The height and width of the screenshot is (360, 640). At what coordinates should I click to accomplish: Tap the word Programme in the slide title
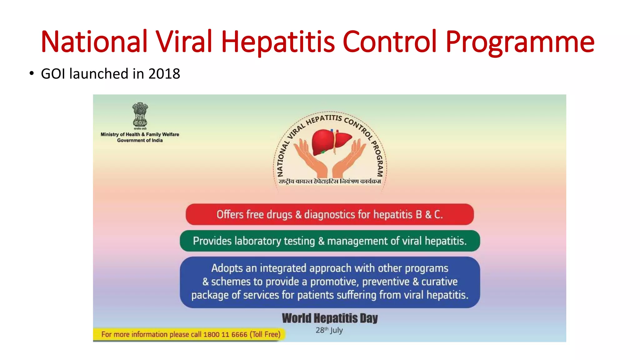click(x=519, y=42)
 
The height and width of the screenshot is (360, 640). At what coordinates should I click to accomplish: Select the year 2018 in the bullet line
click(x=164, y=74)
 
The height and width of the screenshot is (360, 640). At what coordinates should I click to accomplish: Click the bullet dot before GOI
click(x=31, y=74)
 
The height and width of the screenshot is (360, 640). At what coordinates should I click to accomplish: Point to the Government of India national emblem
click(x=140, y=115)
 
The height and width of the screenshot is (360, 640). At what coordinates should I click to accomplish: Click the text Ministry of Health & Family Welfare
click(x=140, y=134)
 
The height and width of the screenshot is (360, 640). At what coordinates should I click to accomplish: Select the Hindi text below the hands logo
click(x=330, y=181)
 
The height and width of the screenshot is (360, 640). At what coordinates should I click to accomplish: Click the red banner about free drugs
click(x=330, y=214)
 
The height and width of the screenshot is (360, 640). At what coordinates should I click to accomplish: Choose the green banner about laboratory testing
click(x=330, y=241)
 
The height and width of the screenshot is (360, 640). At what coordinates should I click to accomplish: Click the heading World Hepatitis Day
click(x=330, y=318)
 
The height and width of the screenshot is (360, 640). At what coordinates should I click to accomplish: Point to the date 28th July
click(x=329, y=330)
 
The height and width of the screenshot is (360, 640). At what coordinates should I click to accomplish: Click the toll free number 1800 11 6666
click(x=225, y=334)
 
